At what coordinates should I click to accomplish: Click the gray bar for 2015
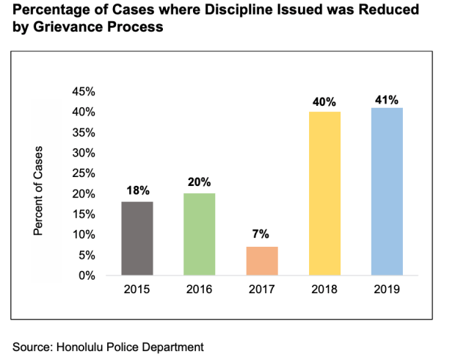(x=137, y=238)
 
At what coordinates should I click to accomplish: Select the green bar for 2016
(x=199, y=234)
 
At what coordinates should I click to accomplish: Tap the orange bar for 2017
(x=262, y=261)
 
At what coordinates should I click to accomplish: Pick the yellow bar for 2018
(x=324, y=193)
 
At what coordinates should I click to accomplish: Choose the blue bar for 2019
(x=387, y=191)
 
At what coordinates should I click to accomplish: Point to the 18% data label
(x=138, y=190)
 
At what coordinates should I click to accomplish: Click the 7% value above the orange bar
(x=261, y=234)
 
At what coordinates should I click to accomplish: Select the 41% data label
(x=387, y=100)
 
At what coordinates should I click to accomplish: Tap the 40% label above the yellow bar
(x=324, y=102)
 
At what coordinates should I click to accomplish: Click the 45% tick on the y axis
(x=84, y=92)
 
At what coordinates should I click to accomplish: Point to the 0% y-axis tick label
(x=87, y=276)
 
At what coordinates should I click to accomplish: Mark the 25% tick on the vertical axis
(x=84, y=173)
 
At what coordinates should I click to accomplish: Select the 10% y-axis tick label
(x=84, y=235)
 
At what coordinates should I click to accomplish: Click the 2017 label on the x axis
(x=262, y=289)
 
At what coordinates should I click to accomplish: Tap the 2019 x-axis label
(x=387, y=289)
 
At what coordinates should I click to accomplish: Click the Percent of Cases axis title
(x=38, y=190)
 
